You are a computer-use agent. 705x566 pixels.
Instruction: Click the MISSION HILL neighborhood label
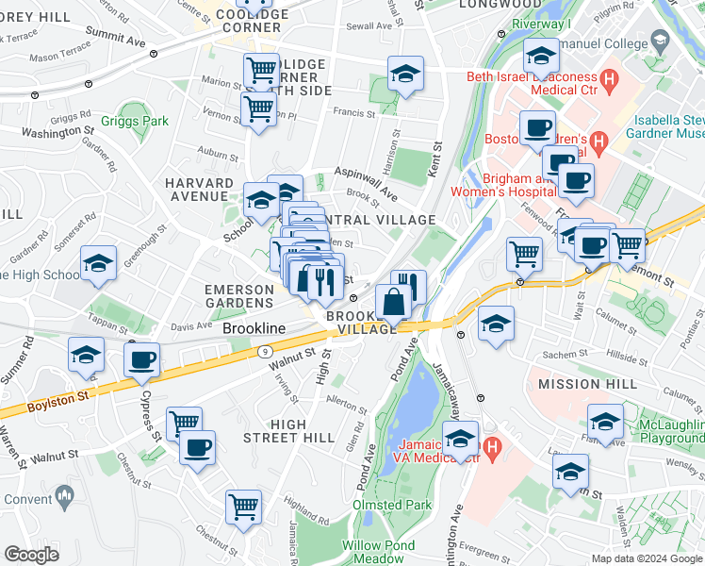pyautogui.click(x=582, y=385)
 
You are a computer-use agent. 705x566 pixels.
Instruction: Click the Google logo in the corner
pyautogui.click(x=31, y=555)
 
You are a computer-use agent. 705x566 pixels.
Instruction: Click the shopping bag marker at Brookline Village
pyautogui.click(x=393, y=304)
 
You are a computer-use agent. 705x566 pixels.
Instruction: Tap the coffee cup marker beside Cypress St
pyautogui.click(x=142, y=360)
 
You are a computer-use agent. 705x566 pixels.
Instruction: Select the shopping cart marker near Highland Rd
pyautogui.click(x=243, y=508)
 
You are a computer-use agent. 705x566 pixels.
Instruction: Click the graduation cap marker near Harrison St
pyautogui.click(x=405, y=75)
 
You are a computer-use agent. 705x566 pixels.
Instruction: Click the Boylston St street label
pyautogui.click(x=51, y=401)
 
